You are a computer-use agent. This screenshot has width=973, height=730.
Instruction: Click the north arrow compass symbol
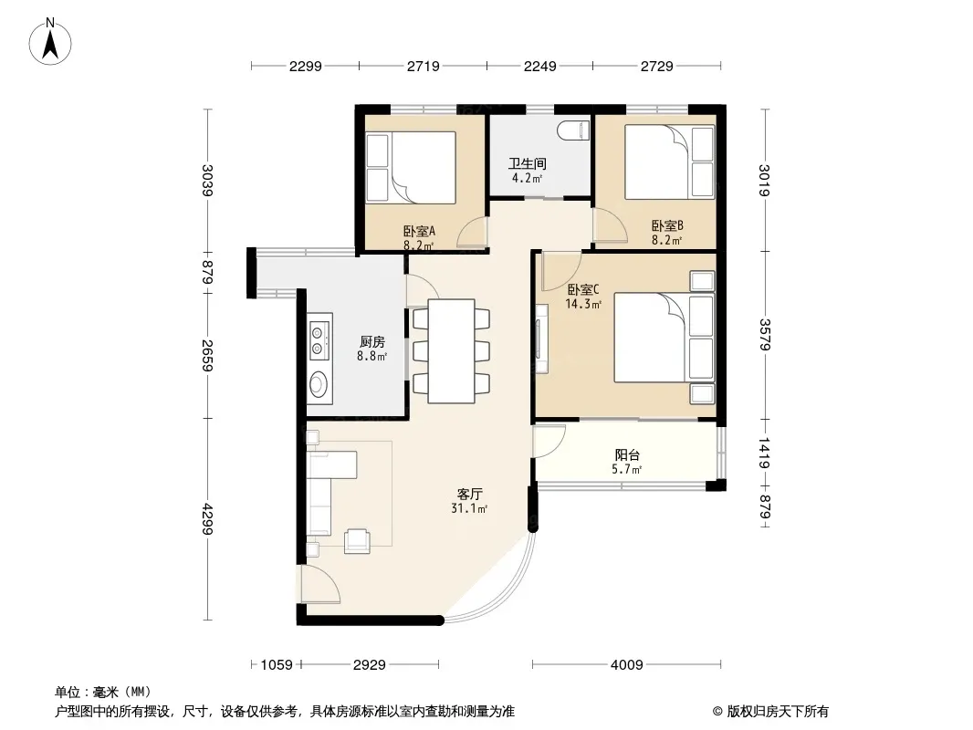50,42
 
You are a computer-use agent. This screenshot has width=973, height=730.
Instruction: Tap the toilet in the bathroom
572,130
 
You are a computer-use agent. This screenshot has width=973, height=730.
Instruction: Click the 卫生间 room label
528,163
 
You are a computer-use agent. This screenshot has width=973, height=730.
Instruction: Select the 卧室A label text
420,232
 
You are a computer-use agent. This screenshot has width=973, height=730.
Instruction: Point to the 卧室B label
667,226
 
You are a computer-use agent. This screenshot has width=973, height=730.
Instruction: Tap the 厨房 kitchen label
372,342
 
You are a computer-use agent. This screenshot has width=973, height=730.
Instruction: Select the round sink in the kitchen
319,384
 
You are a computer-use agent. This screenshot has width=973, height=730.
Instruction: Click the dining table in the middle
452,351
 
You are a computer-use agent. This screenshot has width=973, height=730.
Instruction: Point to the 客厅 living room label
470,495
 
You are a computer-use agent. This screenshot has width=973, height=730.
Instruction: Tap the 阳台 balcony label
627,455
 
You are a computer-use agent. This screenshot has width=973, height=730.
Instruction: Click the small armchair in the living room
358,540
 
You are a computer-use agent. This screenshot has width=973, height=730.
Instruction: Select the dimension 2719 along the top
424,66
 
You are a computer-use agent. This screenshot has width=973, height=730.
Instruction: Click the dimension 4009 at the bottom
627,665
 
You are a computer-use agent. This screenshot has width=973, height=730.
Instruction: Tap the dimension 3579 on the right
765,334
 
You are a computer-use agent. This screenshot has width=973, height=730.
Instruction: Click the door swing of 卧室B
610,225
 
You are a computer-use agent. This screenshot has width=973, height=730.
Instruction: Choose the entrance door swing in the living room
320,584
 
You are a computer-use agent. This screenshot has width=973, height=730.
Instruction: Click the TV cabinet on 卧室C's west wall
542,338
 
